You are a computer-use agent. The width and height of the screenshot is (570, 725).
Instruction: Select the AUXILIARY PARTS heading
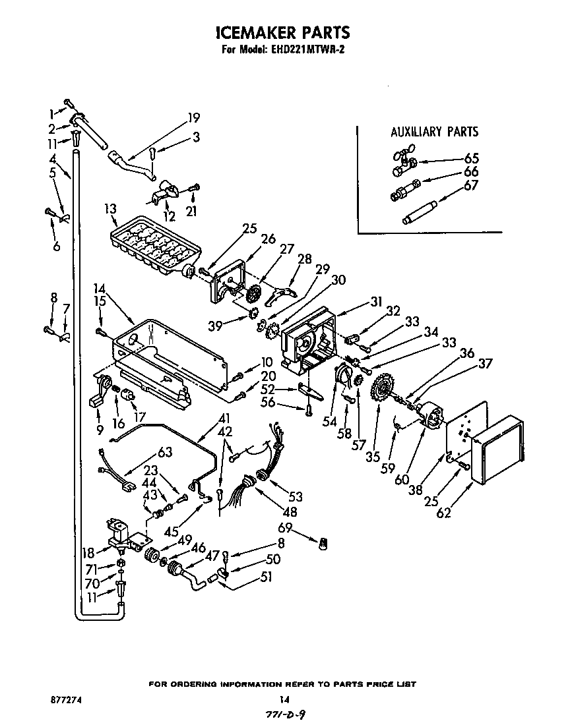pos(434,132)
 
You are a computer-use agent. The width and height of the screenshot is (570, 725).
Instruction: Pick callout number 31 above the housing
pos(376,302)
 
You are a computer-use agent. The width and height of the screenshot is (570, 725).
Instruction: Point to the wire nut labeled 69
pos(323,543)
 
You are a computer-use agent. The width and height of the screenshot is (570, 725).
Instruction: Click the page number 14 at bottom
pos(284,699)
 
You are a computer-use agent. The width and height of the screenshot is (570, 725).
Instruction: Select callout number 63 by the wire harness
pos(164,452)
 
